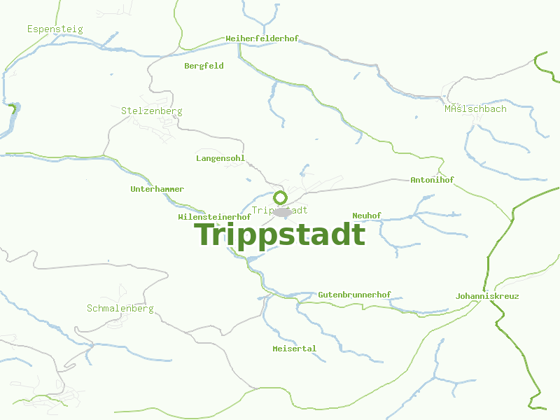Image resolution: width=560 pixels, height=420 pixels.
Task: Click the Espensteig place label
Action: pos(55,29)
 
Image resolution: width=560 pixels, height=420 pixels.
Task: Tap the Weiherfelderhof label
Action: pos(262,38)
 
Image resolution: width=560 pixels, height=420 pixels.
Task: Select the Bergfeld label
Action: pos(204,66)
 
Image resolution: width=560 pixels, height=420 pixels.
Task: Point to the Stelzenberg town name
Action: pos(151,111)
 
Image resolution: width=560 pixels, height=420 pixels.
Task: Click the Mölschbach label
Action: pos(475,109)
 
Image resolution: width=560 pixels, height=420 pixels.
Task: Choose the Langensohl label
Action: pos(220,158)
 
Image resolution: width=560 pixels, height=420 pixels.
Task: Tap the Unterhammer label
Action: pos(157,189)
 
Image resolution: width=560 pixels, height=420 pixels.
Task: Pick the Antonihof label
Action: pos(432,180)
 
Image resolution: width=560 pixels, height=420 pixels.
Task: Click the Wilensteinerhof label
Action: pos(214,217)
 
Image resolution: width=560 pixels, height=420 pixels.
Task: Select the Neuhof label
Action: pos(367,216)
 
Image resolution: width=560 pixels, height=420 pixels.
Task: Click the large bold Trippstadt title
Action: pos(279,234)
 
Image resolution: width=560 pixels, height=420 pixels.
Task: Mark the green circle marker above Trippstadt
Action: pos(280,197)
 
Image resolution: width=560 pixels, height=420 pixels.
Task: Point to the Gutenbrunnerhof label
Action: pos(354,295)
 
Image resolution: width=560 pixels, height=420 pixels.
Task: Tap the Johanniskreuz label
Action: pos(487,296)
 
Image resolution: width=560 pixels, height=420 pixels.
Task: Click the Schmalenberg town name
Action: pos(120,309)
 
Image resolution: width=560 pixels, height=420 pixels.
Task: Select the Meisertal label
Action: pos(294,349)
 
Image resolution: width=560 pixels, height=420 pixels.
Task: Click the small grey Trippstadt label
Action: pos(279,210)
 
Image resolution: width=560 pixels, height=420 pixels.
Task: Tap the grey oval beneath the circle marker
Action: pos(282,212)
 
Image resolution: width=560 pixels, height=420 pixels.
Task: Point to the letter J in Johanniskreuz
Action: pos(458,296)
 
